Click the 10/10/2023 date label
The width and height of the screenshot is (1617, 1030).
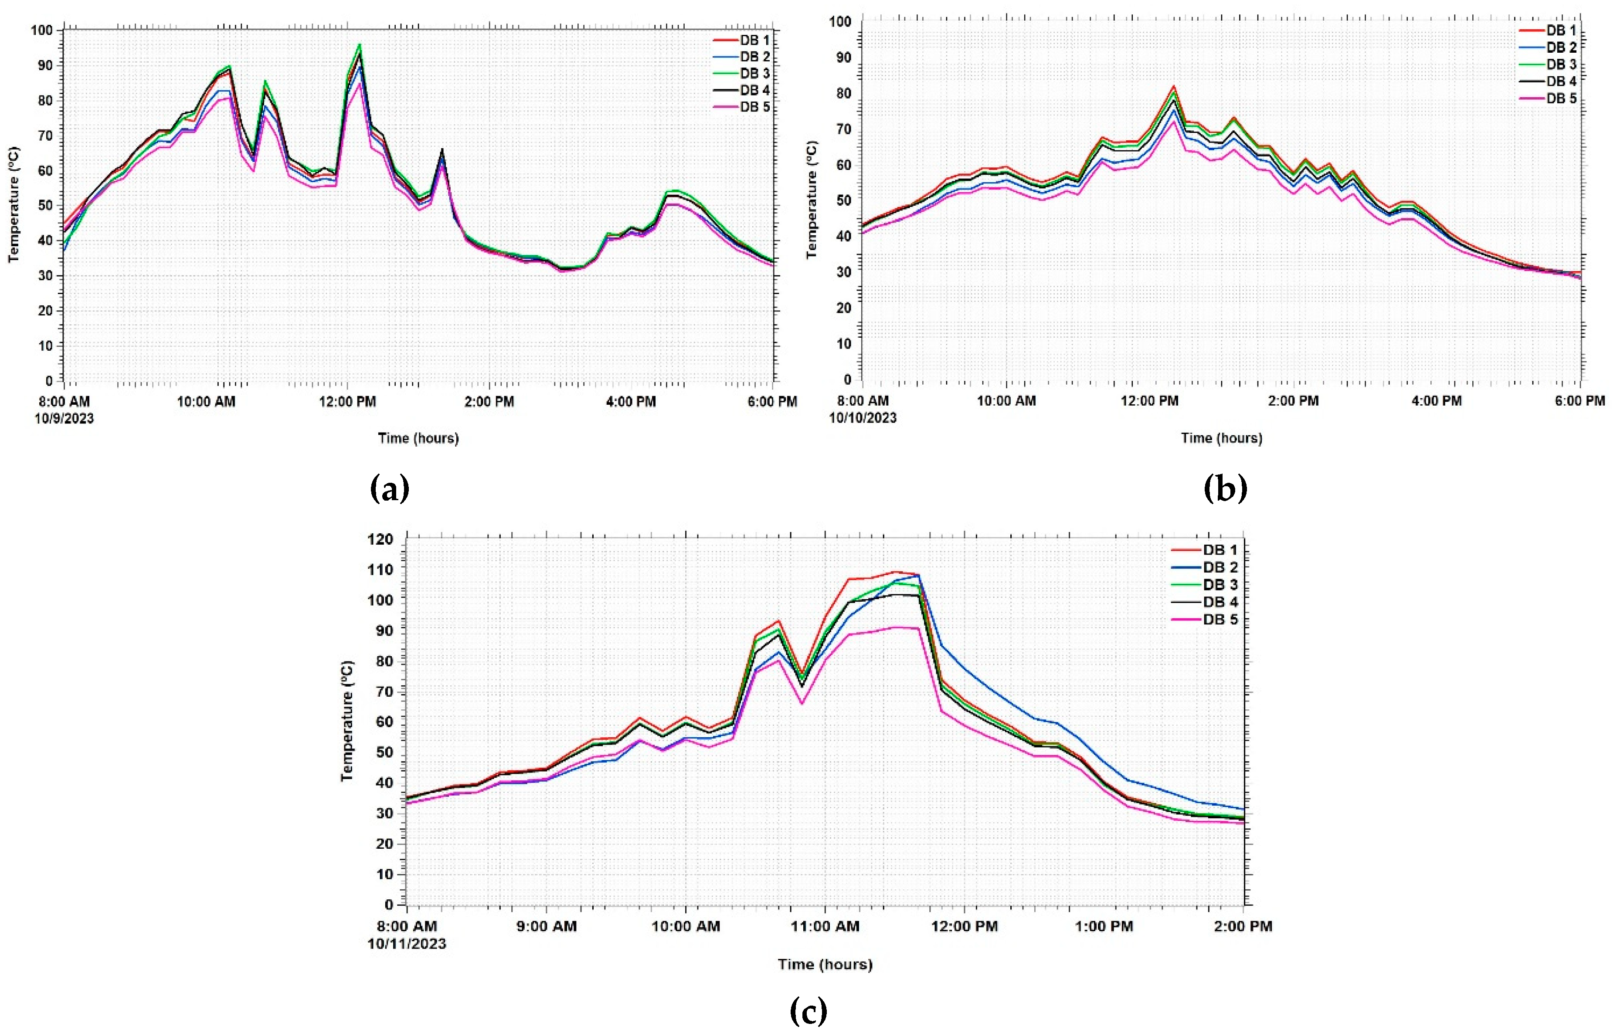pyautogui.click(x=862, y=418)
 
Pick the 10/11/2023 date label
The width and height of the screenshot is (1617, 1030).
pyautogui.click(x=406, y=943)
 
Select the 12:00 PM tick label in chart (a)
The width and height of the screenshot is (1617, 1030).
pyautogui.click(x=347, y=402)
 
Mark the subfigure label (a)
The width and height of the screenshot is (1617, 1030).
pyautogui.click(x=390, y=489)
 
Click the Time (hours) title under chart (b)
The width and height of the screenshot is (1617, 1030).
pyautogui.click(x=1222, y=438)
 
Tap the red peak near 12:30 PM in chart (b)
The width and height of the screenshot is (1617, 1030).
pyautogui.click(x=1173, y=86)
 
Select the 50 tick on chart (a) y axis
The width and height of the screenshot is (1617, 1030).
pyautogui.click(x=44, y=206)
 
